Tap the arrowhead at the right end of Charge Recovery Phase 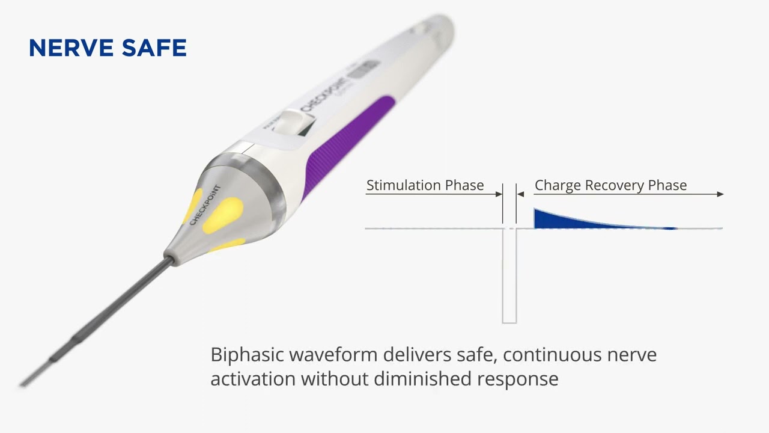pos(720,194)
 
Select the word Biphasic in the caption pos(247,355)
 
